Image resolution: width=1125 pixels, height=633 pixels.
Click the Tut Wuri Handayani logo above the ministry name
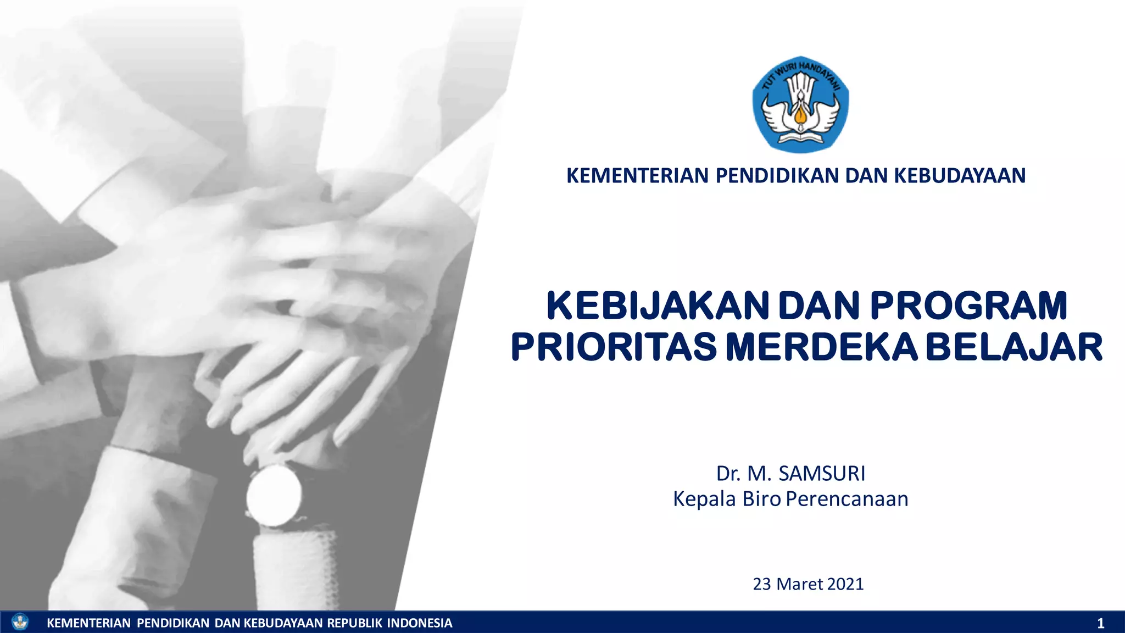point(800,104)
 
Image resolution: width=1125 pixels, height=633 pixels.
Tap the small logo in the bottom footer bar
point(20,622)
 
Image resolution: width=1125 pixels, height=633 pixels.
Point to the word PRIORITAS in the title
point(614,347)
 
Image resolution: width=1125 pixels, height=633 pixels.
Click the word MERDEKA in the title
point(822,347)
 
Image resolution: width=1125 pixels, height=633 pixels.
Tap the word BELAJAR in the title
point(1015,347)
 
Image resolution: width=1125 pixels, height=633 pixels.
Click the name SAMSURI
point(822,473)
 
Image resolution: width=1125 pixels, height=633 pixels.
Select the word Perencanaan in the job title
point(847,499)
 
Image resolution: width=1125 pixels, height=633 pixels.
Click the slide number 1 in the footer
point(1100,623)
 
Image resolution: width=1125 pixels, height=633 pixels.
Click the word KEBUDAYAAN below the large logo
point(960,176)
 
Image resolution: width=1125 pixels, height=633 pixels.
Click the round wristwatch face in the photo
point(274,496)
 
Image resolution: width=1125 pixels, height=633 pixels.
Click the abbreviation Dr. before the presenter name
point(728,473)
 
